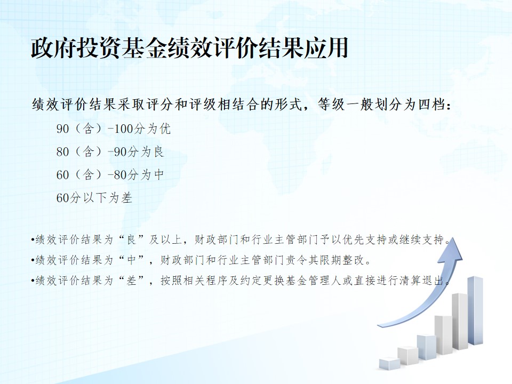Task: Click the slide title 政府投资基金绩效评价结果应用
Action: (x=189, y=49)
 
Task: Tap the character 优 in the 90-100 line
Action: (x=165, y=129)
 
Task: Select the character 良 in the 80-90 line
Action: (x=158, y=152)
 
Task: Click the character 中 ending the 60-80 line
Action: (x=158, y=175)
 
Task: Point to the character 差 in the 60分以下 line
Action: (x=127, y=198)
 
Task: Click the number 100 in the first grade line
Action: (x=123, y=129)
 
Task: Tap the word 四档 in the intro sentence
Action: (x=431, y=105)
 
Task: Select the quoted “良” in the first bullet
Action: (x=131, y=240)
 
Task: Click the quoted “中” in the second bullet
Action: (x=131, y=260)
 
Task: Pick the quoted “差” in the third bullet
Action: (x=131, y=281)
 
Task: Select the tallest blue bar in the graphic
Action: (x=475, y=310)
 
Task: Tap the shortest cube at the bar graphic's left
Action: (x=389, y=364)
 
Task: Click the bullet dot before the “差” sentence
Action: (x=33, y=281)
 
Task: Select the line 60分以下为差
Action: (x=94, y=198)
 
